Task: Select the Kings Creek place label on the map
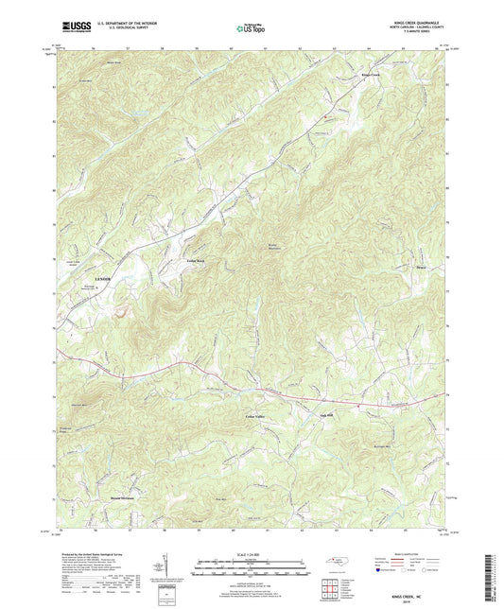(x=369, y=75)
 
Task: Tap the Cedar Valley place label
(x=244, y=415)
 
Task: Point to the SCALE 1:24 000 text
(x=251, y=552)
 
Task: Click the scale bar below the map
(x=251, y=567)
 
